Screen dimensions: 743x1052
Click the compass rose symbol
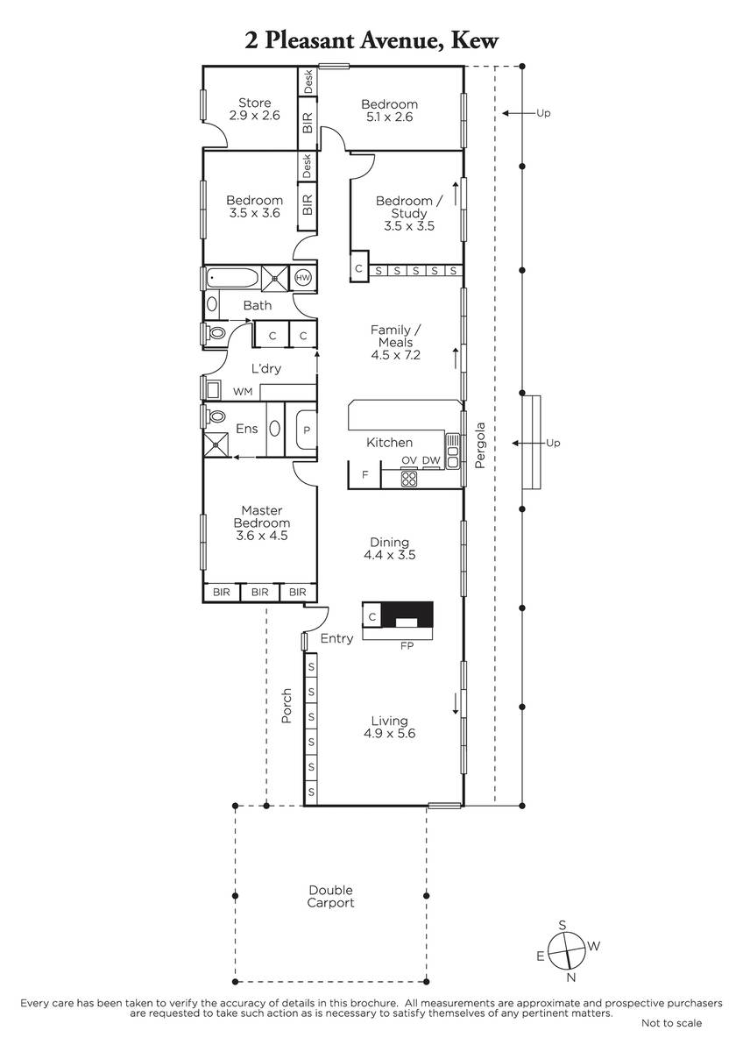(x=567, y=950)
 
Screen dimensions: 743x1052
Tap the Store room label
(x=254, y=103)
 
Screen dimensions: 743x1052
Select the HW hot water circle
(x=303, y=278)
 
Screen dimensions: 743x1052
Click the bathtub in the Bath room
(x=232, y=278)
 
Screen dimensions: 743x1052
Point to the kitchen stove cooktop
(x=409, y=479)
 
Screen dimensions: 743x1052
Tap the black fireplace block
(x=407, y=615)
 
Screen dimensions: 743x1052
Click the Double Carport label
(x=330, y=897)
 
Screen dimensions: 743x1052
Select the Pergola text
(x=479, y=445)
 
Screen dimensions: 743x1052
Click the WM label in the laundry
(x=243, y=392)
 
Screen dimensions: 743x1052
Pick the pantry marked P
(x=307, y=430)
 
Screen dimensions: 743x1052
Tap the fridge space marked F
(x=365, y=475)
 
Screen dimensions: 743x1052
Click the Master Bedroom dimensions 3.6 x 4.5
(x=261, y=536)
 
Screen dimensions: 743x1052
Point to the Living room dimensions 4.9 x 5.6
(x=390, y=733)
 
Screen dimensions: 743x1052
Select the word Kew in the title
(x=474, y=40)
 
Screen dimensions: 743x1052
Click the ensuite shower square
(x=216, y=444)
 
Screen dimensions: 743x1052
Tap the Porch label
(x=286, y=706)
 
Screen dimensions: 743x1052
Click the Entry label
(x=336, y=639)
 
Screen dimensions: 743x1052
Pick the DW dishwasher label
(x=431, y=461)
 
